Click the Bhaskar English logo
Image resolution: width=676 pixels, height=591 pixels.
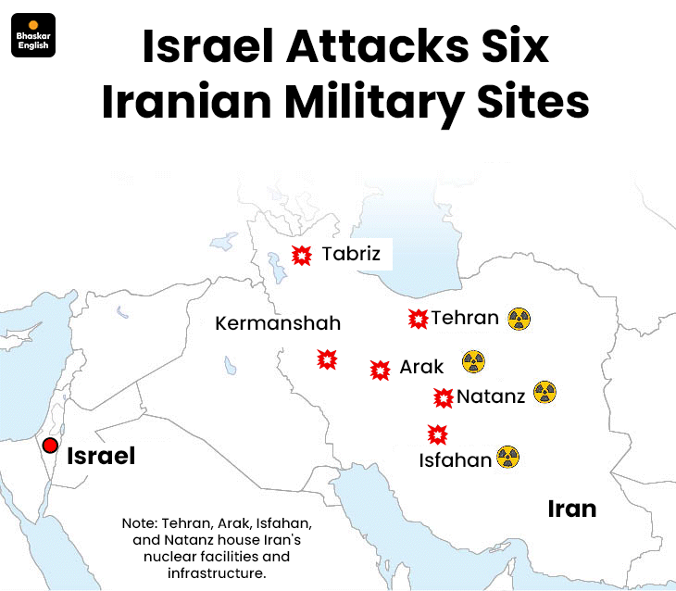coord(33,35)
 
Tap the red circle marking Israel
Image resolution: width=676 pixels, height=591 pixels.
coord(50,446)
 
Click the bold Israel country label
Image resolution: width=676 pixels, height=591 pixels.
coord(101,456)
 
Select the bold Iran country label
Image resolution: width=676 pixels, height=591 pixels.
coord(571,509)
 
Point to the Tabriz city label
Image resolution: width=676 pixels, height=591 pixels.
coord(351,253)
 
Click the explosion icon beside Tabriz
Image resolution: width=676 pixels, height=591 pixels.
coord(302,256)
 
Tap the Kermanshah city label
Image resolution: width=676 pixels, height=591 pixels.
coord(278,323)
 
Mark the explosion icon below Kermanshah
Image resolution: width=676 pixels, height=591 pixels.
coord(327,359)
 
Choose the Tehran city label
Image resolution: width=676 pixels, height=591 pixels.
coord(465,318)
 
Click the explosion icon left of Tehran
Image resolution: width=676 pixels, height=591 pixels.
coord(418,319)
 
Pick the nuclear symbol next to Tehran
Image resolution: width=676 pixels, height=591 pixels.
coord(519,320)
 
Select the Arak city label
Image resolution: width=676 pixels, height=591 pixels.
coord(421,368)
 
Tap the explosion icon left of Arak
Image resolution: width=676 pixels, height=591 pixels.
coord(379,371)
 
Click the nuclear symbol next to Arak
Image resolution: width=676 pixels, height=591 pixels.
coord(473,361)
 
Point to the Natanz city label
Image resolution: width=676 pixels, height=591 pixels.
coord(491,396)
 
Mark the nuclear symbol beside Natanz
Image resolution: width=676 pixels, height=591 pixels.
coord(544,393)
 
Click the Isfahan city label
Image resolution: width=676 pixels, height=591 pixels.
coord(455,460)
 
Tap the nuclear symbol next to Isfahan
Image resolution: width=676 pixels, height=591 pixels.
coord(507,457)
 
